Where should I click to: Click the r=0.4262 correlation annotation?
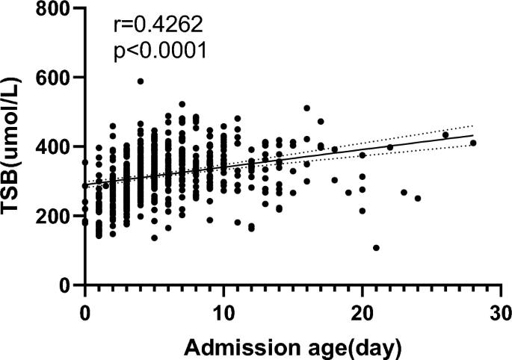pos(158,27)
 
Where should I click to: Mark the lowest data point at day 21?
pos(376,248)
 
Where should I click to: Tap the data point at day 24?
pos(418,199)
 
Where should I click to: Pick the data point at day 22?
pos(390,147)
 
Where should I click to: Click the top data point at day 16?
pos(306,108)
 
